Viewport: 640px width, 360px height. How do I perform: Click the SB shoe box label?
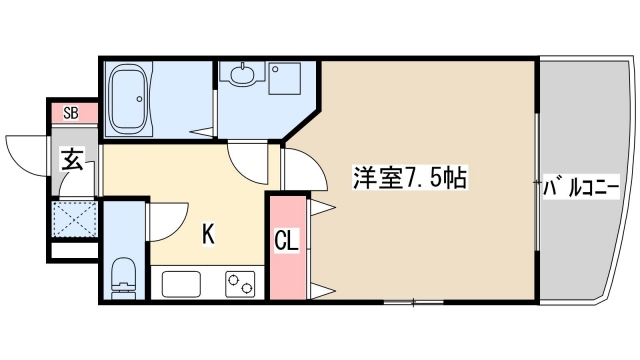coord(71,112)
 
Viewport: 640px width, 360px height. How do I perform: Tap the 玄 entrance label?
coord(72,159)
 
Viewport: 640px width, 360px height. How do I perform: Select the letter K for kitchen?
coord(208,234)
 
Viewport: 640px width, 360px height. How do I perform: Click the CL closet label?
coord(286,241)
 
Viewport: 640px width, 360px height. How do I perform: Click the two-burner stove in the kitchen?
coord(241,283)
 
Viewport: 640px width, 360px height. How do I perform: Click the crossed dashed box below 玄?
coord(74,219)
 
